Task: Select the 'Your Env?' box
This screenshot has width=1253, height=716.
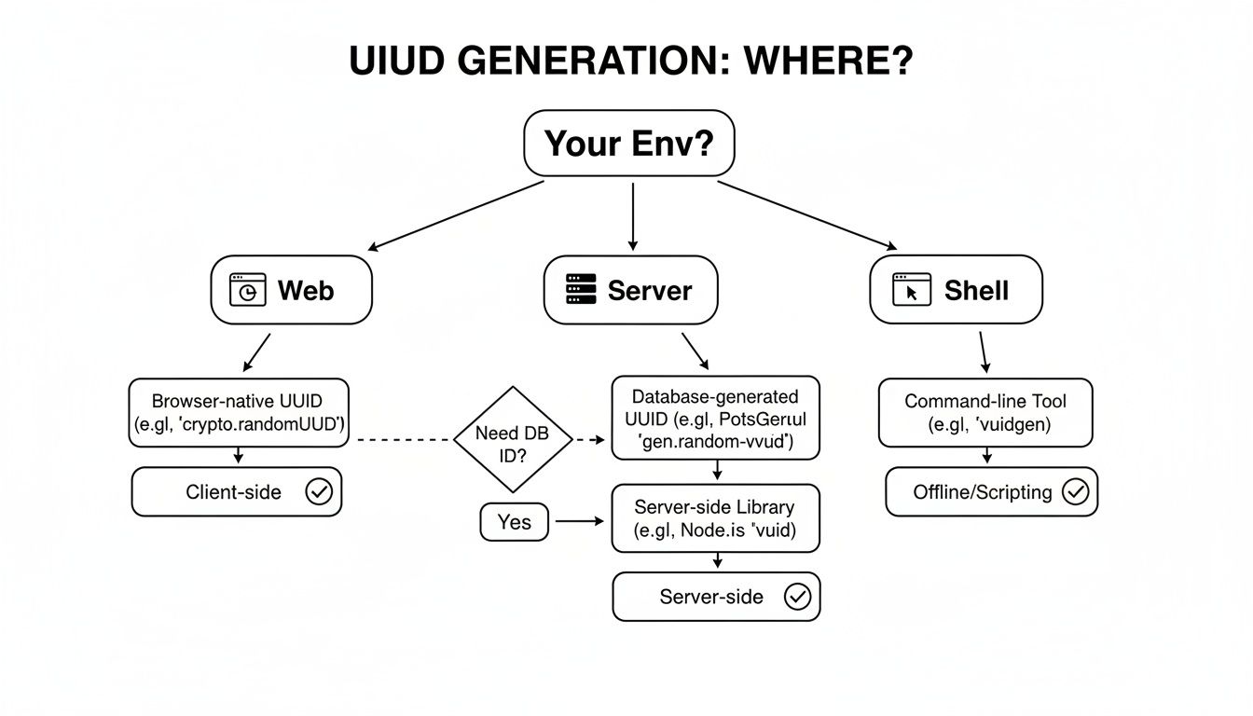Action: pos(629,144)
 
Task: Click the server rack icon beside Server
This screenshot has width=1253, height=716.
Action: pos(581,290)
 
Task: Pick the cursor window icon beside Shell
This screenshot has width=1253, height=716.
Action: pos(912,290)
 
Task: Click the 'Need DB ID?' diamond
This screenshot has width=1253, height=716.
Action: pos(512,439)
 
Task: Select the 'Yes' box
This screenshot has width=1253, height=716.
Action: pos(514,522)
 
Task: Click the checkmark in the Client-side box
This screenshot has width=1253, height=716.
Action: pos(319,492)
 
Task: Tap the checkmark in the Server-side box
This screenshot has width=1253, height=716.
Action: pos(797,597)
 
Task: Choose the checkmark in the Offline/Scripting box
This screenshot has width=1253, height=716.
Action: pos(1075,492)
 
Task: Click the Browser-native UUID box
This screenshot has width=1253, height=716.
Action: pos(239,413)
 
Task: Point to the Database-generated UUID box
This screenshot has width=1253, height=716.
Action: pos(715,419)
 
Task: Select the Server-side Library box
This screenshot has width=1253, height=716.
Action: pos(715,519)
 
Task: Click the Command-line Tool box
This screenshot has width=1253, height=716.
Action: pos(984,413)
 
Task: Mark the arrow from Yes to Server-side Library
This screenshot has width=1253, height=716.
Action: pos(579,522)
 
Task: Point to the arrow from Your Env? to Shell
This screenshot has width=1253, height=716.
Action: pos(806,215)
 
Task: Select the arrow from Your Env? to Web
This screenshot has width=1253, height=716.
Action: pos(457,215)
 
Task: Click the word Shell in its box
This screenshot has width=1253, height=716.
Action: pos(976,290)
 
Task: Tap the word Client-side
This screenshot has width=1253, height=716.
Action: pos(233,492)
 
